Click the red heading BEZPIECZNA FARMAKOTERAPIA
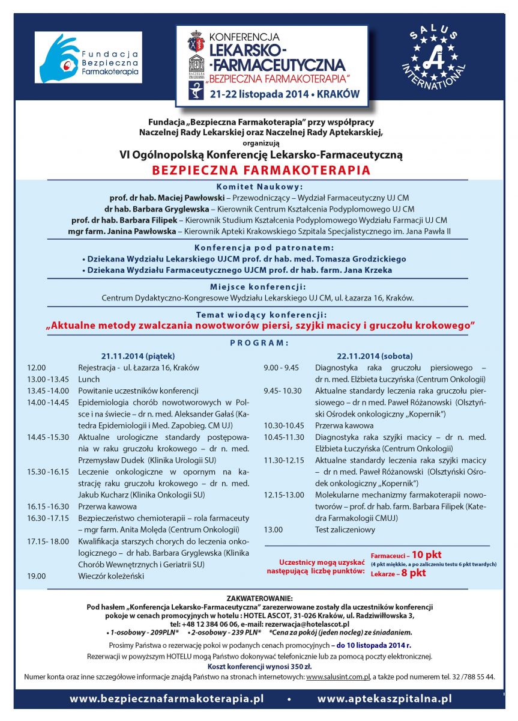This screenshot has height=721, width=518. pyautogui.click(x=261, y=170)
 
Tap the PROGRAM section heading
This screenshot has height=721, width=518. pyautogui.click(x=260, y=343)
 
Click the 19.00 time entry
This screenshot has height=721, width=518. pyautogui.click(x=37, y=576)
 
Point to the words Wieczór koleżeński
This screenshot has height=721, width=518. pyautogui.click(x=107, y=576)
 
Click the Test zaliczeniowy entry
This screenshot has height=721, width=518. pyautogui.click(x=345, y=529)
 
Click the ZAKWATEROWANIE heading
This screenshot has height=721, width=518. pyautogui.click(x=260, y=598)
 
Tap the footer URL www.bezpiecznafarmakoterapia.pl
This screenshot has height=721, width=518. pyautogui.click(x=167, y=699)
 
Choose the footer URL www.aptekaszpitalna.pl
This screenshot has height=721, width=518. pyautogui.click(x=384, y=699)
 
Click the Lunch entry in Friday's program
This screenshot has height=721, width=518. pyautogui.click(x=89, y=379)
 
